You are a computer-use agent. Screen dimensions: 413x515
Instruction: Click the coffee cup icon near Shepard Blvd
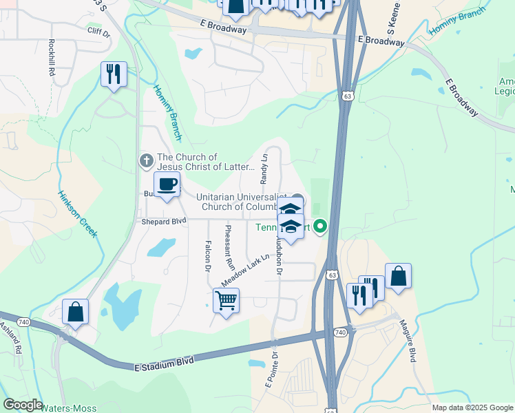click(168, 184)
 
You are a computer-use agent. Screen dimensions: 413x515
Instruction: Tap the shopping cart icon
click(226, 300)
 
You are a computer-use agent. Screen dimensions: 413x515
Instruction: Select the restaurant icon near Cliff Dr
click(114, 73)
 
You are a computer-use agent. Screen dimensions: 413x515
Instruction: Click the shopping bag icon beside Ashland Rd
click(75, 311)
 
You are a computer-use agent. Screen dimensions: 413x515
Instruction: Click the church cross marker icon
click(146, 161)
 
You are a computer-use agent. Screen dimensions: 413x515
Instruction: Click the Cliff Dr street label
click(98, 31)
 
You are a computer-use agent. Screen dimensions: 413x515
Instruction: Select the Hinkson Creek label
click(76, 214)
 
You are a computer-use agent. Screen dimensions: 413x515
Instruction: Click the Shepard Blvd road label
click(164, 222)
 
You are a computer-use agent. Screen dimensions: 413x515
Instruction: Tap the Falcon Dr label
click(207, 255)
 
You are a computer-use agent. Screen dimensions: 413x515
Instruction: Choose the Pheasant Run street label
click(229, 247)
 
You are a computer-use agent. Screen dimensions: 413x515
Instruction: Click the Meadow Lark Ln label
click(244, 271)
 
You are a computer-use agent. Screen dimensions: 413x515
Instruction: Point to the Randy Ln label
click(264, 169)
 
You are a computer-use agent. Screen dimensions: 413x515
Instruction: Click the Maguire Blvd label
click(412, 347)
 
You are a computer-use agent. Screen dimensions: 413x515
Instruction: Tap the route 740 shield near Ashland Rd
click(24, 322)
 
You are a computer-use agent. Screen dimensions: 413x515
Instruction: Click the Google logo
click(23, 405)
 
